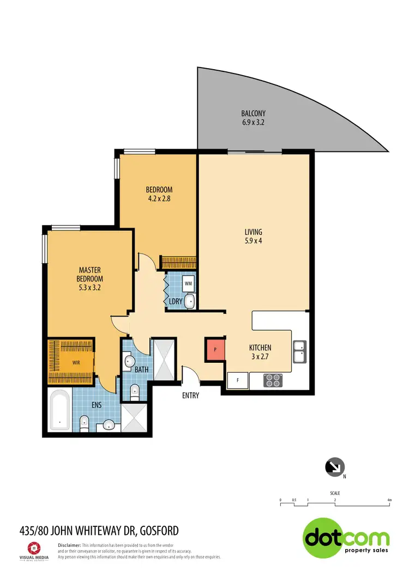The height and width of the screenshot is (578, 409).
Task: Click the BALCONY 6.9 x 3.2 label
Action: tap(253, 118)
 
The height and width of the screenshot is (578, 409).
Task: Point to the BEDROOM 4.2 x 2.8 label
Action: tap(159, 194)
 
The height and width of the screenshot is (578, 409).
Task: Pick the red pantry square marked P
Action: tap(215, 349)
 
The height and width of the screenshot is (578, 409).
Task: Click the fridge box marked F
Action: tap(238, 380)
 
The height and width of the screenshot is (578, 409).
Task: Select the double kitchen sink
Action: tap(299, 351)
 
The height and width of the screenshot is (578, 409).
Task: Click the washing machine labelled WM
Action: tap(188, 283)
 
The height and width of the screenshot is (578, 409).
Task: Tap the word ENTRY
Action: tap(191, 396)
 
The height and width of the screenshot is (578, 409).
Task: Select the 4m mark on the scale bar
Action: tap(389, 500)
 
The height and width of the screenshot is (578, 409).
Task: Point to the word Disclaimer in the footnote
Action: tap(69, 545)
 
